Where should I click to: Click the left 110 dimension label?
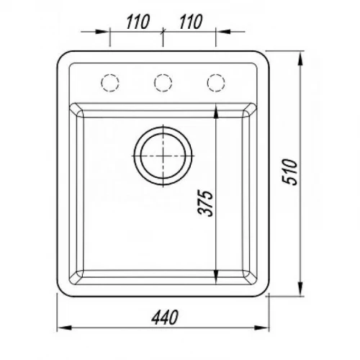(138, 22)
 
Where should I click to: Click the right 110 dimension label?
(191, 22)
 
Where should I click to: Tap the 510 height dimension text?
(290, 171)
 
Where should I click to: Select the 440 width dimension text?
(165, 317)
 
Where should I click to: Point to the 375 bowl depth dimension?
(205, 203)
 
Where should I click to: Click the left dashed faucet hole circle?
(110, 83)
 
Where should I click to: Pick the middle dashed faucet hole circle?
(163, 83)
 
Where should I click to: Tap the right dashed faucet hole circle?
(216, 83)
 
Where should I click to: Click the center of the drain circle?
(163, 156)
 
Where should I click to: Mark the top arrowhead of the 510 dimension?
(300, 58)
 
